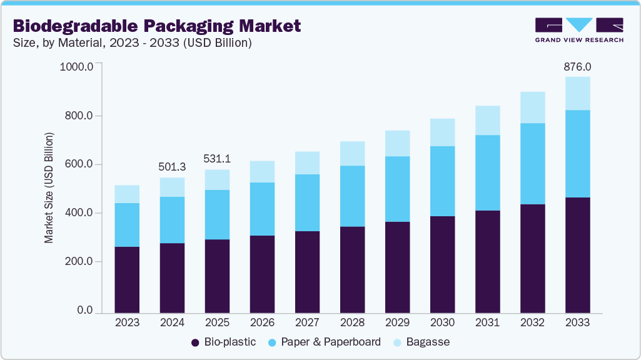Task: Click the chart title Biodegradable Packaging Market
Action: [157, 26]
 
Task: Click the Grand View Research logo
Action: [579, 30]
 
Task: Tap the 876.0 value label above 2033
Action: [577, 66]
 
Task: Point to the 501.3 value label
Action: [172, 167]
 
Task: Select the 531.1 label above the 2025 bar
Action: [217, 159]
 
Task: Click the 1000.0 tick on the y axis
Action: [76, 67]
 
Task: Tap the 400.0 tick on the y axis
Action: [79, 213]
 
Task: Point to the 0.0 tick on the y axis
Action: [84, 311]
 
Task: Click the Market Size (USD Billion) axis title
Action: [49, 187]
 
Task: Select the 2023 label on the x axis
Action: [127, 322]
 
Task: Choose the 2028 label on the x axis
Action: [352, 322]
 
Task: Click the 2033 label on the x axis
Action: [577, 322]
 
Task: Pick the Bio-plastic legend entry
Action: [223, 342]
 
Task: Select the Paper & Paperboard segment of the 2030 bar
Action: [442, 181]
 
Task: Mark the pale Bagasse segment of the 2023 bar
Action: [127, 194]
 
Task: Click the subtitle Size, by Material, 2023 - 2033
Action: [132, 43]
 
